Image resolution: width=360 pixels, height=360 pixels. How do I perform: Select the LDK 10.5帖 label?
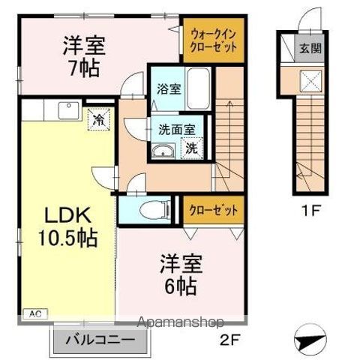click(x=67, y=227)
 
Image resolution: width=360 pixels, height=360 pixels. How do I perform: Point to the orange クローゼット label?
click(x=214, y=210)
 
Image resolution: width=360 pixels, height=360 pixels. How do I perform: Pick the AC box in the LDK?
click(x=35, y=313)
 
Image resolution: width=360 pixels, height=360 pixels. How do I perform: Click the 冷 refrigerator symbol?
click(x=98, y=118)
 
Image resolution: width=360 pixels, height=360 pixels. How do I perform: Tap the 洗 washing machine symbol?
click(x=191, y=148)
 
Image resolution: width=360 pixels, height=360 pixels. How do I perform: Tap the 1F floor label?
click(x=312, y=211)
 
